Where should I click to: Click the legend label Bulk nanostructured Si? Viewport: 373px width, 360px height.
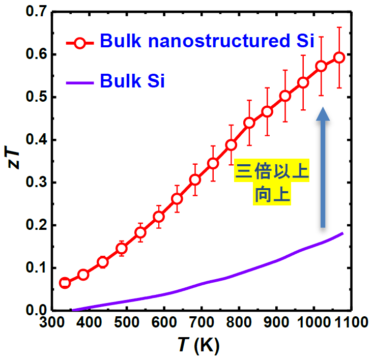pos(207,41)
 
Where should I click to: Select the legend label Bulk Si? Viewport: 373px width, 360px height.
pos(132,80)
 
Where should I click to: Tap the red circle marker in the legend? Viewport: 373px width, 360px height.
pos(79,43)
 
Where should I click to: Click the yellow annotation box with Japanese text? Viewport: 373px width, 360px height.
pos(271,185)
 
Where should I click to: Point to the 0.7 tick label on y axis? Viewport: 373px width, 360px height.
pos(35,12)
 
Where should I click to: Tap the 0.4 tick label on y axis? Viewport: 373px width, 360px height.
pos(35,140)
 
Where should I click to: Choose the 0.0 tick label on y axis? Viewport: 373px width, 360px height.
pos(35,310)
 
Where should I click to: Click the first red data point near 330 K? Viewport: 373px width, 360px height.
pos(65,283)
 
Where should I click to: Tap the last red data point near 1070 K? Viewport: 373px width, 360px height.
pos(339,57)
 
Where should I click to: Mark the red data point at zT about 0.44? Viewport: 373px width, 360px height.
pos(249,123)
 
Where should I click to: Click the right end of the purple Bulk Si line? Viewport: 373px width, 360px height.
pos(343,233)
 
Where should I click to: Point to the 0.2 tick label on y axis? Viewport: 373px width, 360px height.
pos(35,225)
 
